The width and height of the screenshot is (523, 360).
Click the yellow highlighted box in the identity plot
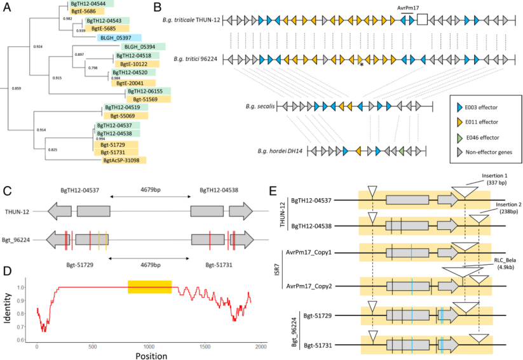pos(150,286)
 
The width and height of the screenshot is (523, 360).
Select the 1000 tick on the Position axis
pos(149,346)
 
